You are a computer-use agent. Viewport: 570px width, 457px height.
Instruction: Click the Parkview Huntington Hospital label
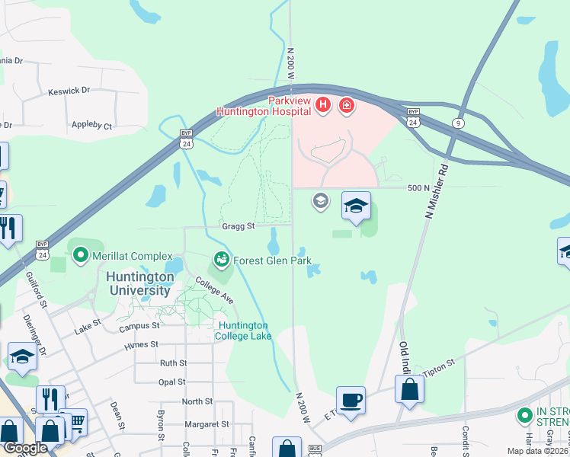tap(263, 106)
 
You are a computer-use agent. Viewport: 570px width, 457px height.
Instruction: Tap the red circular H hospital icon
tap(322, 104)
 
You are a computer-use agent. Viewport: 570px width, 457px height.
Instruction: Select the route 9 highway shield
tap(458, 123)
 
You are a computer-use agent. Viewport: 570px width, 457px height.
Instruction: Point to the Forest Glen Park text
tap(273, 260)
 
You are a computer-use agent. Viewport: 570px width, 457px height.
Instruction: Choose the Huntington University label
tap(138, 283)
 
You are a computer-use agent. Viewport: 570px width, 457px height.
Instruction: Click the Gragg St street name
tap(237, 225)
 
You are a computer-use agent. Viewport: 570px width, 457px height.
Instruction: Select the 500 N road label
tap(419, 188)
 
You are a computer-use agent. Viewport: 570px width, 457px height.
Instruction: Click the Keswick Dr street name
tap(69, 90)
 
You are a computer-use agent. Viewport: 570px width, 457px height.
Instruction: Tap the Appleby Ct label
tap(91, 125)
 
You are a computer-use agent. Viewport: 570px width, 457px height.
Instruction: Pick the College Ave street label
tap(214, 290)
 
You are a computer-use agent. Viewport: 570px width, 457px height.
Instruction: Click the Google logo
tap(24, 448)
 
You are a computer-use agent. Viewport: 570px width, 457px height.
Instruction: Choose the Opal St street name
tap(173, 382)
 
